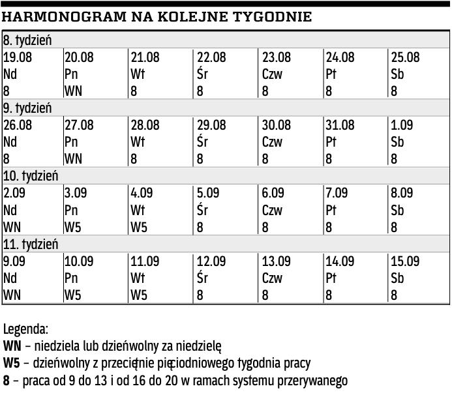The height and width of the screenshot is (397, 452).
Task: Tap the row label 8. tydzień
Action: coord(27,40)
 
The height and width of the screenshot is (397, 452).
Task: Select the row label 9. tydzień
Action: coord(27,108)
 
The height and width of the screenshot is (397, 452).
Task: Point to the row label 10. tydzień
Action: coord(31,176)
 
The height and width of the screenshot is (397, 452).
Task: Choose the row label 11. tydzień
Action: coord(31,244)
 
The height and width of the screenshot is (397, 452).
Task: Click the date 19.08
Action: coord(18,58)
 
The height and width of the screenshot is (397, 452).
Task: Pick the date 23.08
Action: coord(277,58)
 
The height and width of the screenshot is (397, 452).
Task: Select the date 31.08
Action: coord(340,125)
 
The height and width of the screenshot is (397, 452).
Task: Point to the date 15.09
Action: coord(405,261)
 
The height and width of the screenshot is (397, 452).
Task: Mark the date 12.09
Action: coord(212,261)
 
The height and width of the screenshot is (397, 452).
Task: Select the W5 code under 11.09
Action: coord(139,295)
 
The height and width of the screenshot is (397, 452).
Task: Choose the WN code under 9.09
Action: coord(12,295)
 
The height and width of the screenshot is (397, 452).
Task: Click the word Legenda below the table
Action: coord(25,329)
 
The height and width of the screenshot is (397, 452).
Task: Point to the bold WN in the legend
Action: coord(12,346)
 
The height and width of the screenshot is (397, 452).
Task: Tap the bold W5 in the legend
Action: coord(12,363)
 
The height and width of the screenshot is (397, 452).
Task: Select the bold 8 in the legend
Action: coord(7,380)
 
